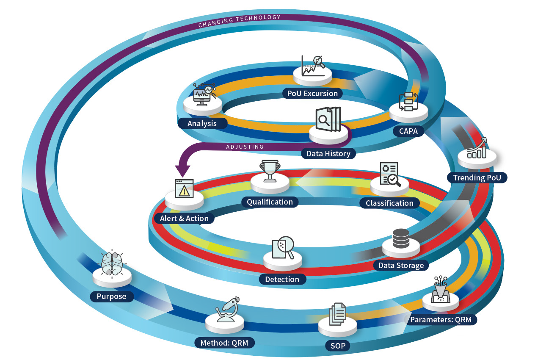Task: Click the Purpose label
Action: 111,296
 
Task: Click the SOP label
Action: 338,346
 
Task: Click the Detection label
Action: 282,279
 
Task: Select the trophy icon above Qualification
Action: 269,171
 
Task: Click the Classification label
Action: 389,203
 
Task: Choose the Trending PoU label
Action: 477,177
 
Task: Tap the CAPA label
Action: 408,131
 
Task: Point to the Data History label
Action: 328,153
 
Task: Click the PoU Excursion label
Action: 312,93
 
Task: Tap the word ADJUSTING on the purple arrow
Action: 245,147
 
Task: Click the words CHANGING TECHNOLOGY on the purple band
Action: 239,21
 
